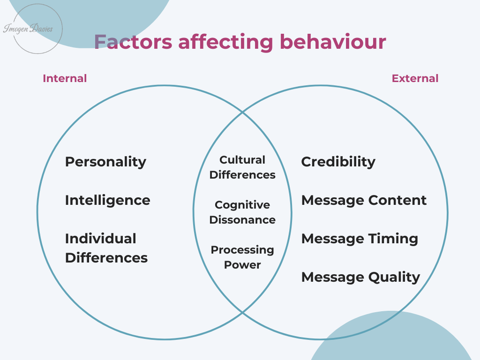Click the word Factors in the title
tap(133, 42)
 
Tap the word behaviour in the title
tap(333, 42)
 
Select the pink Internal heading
tap(65, 78)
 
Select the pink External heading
tap(415, 78)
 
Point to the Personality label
tap(105, 162)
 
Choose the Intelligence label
tap(108, 201)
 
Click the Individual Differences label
tap(106, 248)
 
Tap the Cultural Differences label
tap(242, 167)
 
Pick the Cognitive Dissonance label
tap(242, 212)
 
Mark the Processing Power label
tap(242, 257)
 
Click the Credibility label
tap(338, 162)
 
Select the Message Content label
tap(364, 201)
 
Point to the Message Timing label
tap(360, 239)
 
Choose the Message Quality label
tap(360, 277)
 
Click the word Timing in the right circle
tap(393, 239)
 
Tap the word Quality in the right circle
tap(394, 277)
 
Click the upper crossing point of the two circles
tap(242, 112)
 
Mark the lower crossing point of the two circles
tap(242, 312)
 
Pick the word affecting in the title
tap(226, 42)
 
